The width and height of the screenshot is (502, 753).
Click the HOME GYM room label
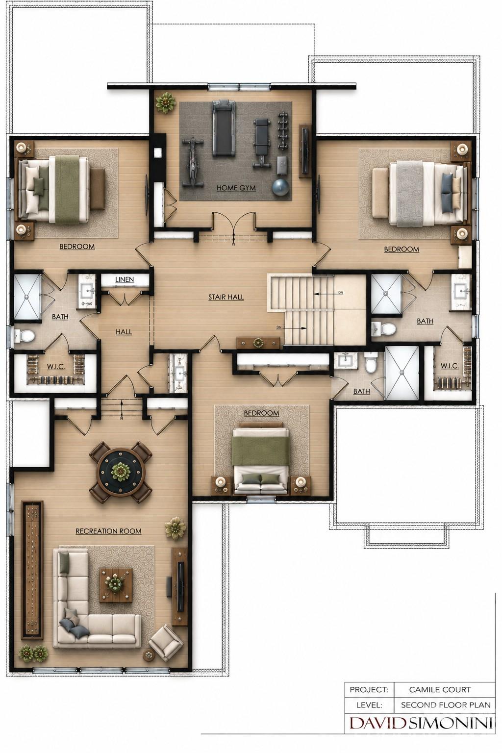pos(236,188)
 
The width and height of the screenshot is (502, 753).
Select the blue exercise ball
pos(280,186)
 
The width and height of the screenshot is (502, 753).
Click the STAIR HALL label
pos(226,297)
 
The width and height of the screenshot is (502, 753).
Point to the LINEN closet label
pos(125,279)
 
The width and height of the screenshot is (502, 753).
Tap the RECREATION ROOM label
pos(108,531)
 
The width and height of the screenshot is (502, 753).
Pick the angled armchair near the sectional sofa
pos(164,642)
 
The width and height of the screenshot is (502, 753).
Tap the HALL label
pos(124,332)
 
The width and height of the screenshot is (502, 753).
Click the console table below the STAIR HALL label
pos(258,343)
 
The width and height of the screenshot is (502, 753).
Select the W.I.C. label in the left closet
pos(56,366)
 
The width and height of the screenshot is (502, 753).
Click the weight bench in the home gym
pos(262,143)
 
